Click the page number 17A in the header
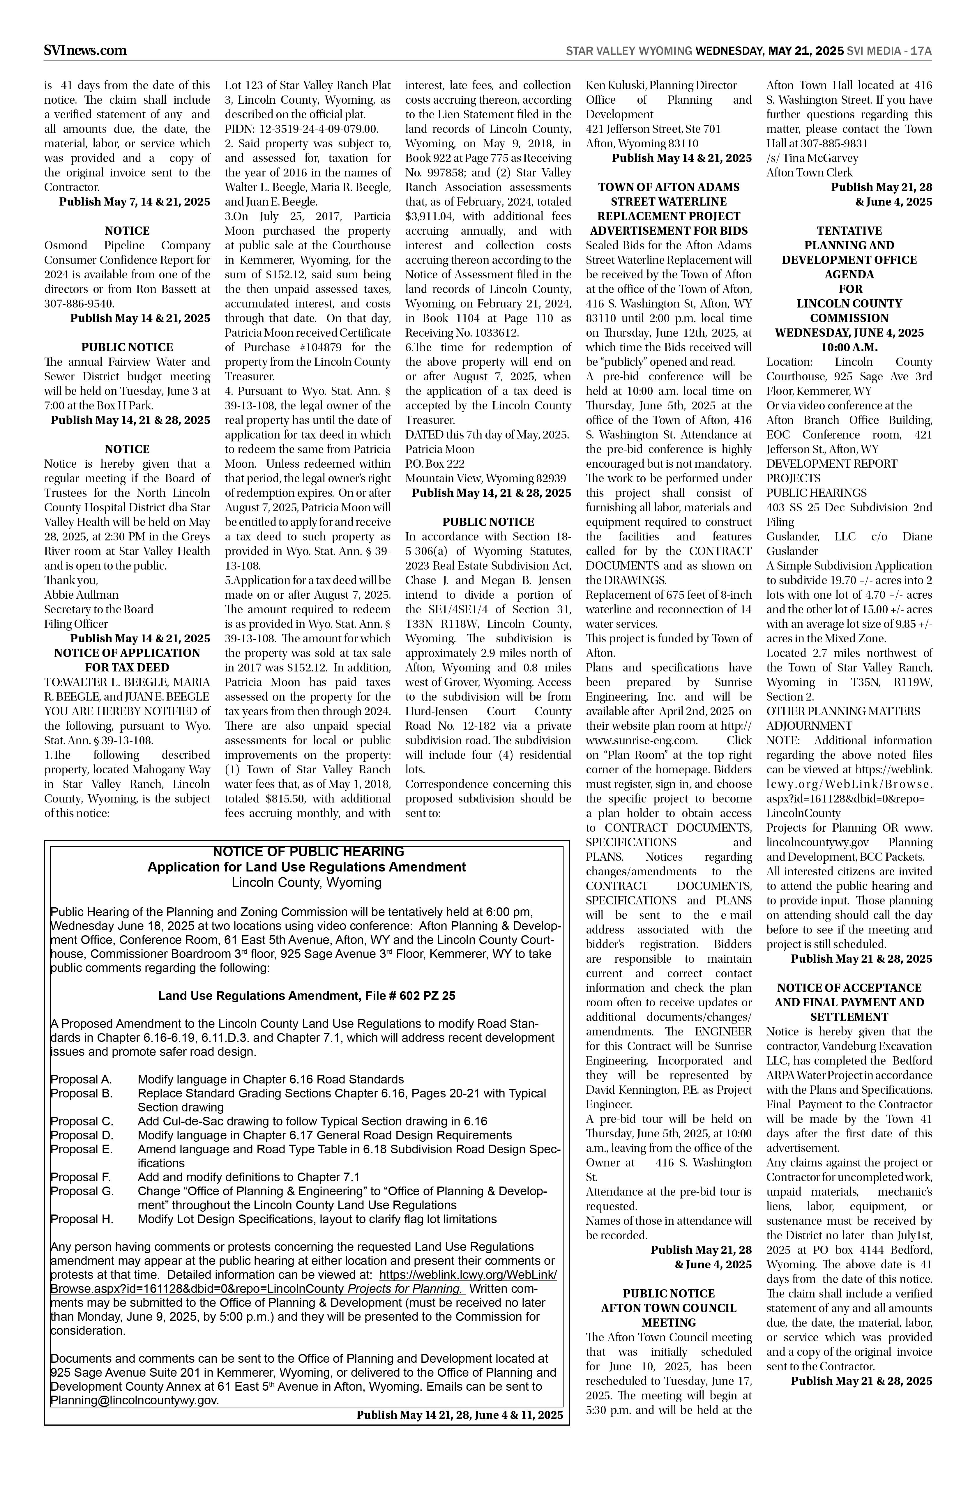coord(921,51)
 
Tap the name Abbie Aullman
coord(81,595)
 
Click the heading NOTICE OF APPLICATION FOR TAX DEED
coord(127,660)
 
